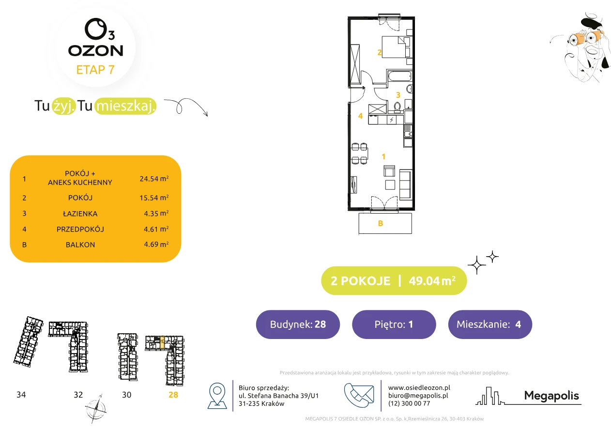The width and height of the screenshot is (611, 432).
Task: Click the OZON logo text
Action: point(95,51)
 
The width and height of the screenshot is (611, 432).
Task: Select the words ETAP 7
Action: point(95,70)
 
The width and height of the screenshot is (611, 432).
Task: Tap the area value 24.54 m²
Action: point(154,179)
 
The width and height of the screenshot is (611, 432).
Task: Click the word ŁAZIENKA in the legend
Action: point(80,214)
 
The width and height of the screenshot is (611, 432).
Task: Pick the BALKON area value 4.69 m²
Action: point(156,244)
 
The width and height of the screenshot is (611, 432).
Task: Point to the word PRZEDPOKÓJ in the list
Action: point(80,229)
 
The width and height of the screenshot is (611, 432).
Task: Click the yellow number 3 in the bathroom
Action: point(398,95)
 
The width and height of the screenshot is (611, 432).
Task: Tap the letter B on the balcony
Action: point(381,223)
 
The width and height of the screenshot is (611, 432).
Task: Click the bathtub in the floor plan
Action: point(400,76)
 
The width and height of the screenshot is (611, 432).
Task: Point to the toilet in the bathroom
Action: point(397,107)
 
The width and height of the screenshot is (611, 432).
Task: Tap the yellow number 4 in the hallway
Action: point(360,116)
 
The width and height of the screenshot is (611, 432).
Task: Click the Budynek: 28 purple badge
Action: point(298,324)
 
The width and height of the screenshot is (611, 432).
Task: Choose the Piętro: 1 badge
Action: point(394,324)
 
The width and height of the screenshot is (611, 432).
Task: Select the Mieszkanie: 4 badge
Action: point(490,324)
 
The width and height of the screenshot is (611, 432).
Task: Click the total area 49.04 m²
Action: point(432,281)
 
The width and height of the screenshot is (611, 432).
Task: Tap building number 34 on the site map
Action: point(21,395)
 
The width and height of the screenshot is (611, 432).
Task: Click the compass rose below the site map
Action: point(96,409)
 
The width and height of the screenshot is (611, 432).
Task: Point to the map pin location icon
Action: point(217,395)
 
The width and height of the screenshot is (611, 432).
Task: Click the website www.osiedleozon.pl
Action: point(419,388)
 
